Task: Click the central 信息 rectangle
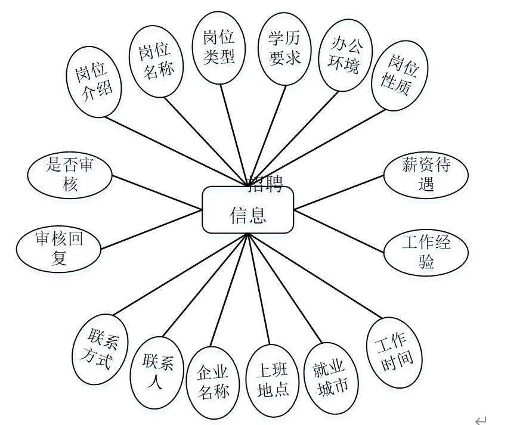pyautogui.click(x=247, y=210)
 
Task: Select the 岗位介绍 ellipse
pyautogui.click(x=94, y=83)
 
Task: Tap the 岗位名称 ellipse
pyautogui.click(x=156, y=61)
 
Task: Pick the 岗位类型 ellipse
pyautogui.click(x=219, y=48)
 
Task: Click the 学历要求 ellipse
pyautogui.click(x=284, y=48)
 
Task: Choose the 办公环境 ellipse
pyautogui.click(x=345, y=55)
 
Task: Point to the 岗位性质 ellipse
pyautogui.click(x=400, y=76)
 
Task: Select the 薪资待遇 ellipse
pyautogui.click(x=425, y=174)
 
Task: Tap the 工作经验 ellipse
pyautogui.click(x=425, y=251)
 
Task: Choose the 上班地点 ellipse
pyautogui.click(x=273, y=380)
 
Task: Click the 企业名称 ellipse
pyautogui.click(x=213, y=381)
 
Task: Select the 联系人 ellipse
pyautogui.click(x=157, y=372)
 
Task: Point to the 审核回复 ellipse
pyautogui.click(x=58, y=249)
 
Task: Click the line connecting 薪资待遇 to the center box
pyautogui.click(x=339, y=192)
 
